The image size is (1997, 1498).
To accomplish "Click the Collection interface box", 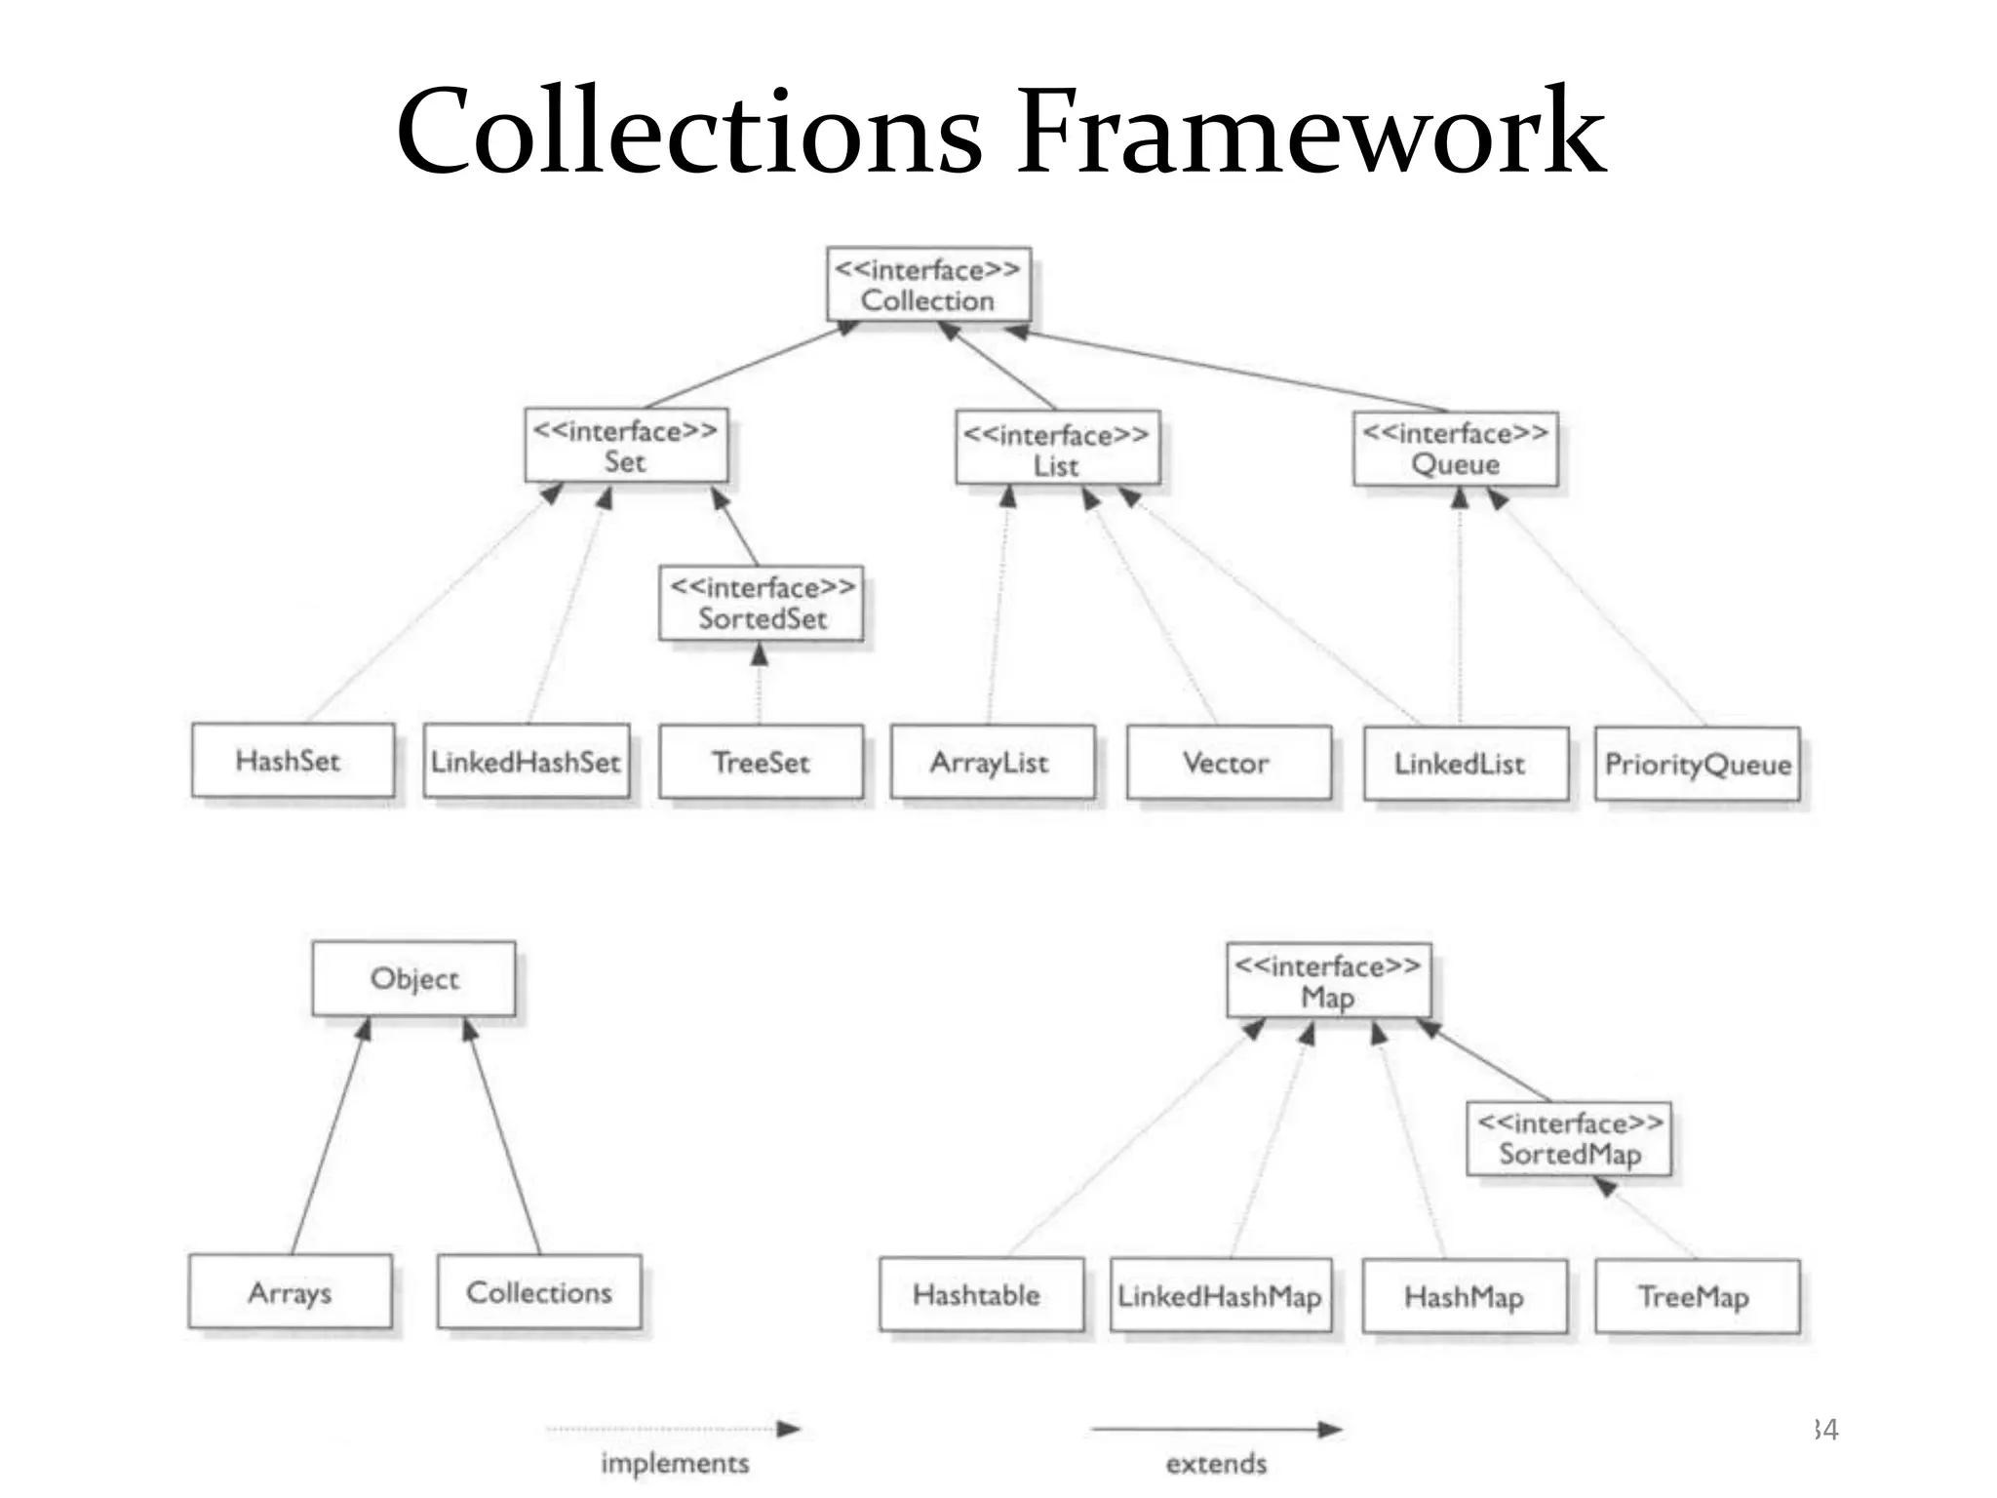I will (928, 284).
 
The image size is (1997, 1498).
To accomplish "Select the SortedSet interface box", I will (762, 603).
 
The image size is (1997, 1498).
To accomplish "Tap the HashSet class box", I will (293, 760).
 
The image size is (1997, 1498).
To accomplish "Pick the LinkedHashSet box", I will (527, 762).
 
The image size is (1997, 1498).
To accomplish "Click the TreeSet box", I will (761, 762).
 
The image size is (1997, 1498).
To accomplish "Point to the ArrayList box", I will (992, 763).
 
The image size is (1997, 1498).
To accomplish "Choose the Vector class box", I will (1228, 763).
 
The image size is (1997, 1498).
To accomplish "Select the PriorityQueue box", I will (1697, 764).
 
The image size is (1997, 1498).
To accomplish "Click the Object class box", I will (413, 978).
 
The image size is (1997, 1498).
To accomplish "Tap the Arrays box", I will (290, 1291).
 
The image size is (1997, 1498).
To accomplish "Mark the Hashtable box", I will (980, 1294).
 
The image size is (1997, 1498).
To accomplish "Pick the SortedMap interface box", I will (1569, 1138).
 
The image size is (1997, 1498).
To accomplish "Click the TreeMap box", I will (1697, 1296).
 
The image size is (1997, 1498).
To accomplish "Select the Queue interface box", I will (1455, 449).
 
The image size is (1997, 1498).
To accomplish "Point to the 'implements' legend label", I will (675, 1463).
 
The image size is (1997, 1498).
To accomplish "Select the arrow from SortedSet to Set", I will (736, 528).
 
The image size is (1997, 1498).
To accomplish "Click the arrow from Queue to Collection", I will (1229, 372).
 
